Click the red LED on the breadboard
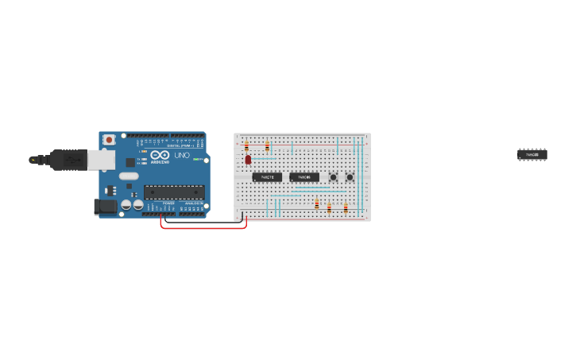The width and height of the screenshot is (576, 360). pyautogui.click(x=248, y=160)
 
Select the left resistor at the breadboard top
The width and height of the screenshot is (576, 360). pyautogui.click(x=246, y=145)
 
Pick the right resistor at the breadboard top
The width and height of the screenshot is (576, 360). pyautogui.click(x=267, y=146)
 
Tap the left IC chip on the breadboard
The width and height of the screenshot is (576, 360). pyautogui.click(x=267, y=176)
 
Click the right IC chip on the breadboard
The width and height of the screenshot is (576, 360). pyautogui.click(x=304, y=176)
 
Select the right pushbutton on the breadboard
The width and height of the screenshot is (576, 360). pyautogui.click(x=349, y=176)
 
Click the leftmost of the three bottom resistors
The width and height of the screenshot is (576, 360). pyautogui.click(x=316, y=204)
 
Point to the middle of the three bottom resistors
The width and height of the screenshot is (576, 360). pyautogui.click(x=329, y=207)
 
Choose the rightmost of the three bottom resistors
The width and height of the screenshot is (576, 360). pyautogui.click(x=346, y=207)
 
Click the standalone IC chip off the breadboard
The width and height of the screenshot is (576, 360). pyautogui.click(x=532, y=154)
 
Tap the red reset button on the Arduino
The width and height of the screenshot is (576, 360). pyautogui.click(x=109, y=141)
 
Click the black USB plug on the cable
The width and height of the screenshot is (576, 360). pyautogui.click(x=68, y=160)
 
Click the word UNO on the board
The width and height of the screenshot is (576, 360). pyautogui.click(x=182, y=155)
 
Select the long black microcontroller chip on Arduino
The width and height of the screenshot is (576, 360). pyautogui.click(x=174, y=192)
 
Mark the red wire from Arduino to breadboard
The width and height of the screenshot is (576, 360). pyautogui.click(x=203, y=228)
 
